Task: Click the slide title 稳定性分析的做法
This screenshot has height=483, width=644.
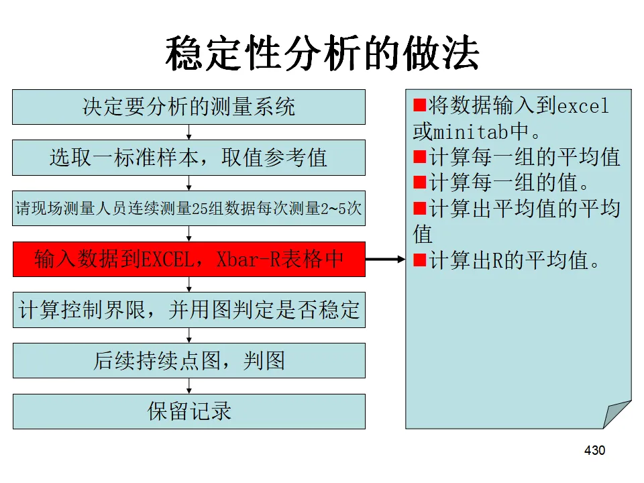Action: [x=322, y=54]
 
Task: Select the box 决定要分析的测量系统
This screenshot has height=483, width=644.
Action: [x=189, y=107]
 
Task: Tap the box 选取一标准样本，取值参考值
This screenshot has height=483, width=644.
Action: [x=189, y=158]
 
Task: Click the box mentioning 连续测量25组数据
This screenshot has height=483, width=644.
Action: [x=189, y=209]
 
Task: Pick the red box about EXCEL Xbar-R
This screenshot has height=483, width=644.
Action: [x=189, y=260]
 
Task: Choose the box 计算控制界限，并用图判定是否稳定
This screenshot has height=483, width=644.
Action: [x=189, y=311]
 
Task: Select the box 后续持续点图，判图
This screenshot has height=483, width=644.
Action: [x=189, y=361]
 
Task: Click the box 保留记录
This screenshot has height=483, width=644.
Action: [x=189, y=411]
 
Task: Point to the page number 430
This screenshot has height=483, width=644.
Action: [x=594, y=450]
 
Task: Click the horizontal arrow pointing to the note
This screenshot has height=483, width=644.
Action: [x=386, y=260]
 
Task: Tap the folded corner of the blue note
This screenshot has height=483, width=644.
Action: [x=618, y=413]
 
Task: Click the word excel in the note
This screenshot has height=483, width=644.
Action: [x=583, y=106]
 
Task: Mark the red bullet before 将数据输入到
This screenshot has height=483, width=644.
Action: [x=421, y=106]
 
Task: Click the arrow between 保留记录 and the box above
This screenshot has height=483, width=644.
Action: [x=189, y=386]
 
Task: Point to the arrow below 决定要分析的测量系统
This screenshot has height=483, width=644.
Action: [x=189, y=132]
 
